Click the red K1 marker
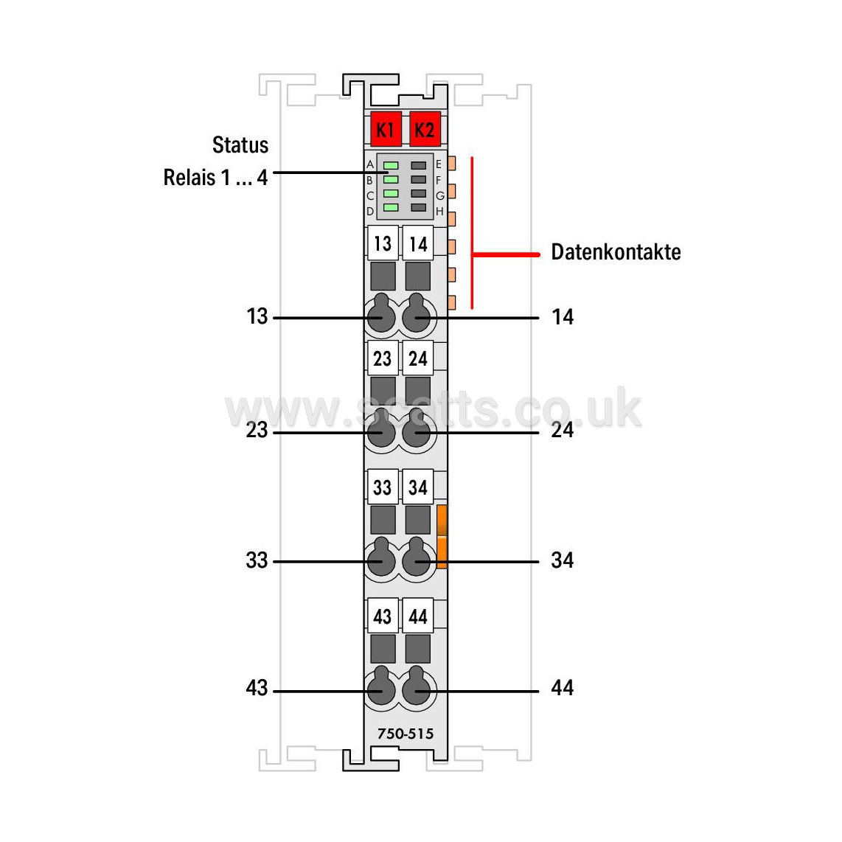tap(386, 129)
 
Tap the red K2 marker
tap(425, 129)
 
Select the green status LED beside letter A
tap(391, 165)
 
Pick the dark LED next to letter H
tap(418, 207)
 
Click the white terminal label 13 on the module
tap(383, 243)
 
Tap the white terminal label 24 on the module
tap(418, 358)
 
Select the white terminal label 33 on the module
tap(383, 487)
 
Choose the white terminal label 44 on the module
tap(418, 616)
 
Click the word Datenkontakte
tap(616, 252)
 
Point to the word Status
tap(240, 145)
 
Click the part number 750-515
tap(406, 734)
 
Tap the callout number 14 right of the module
tap(563, 317)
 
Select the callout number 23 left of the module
tap(257, 430)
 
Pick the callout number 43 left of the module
tap(257, 688)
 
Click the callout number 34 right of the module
tap(563, 560)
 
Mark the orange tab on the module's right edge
tap(442, 537)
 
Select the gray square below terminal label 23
tap(383, 391)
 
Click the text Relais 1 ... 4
tap(215, 177)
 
